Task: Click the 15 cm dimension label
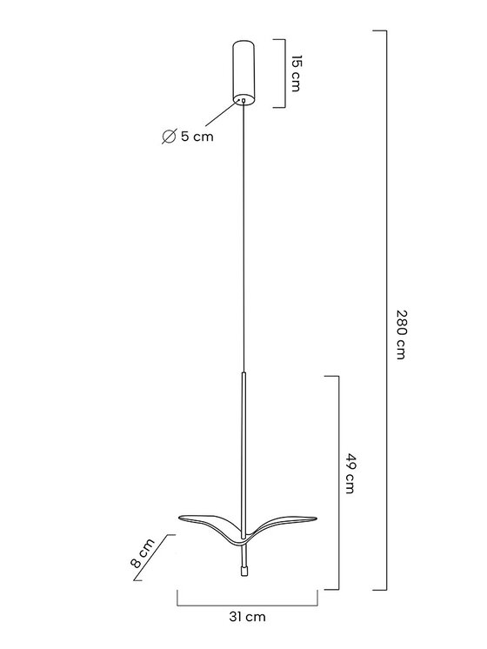(295, 73)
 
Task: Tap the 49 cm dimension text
(350, 473)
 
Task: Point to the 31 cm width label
(248, 617)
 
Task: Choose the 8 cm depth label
(142, 553)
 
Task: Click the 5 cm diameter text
(197, 136)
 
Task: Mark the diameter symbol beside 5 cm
(169, 137)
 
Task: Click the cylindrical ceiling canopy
(243, 70)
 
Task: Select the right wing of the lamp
(282, 525)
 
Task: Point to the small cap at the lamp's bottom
(243, 571)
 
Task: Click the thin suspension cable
(243, 236)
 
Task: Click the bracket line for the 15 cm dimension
(285, 74)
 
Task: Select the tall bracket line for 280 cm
(386, 311)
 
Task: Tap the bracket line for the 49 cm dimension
(339, 483)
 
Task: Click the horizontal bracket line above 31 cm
(248, 606)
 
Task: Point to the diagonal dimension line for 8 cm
(152, 557)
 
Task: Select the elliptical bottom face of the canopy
(243, 99)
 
